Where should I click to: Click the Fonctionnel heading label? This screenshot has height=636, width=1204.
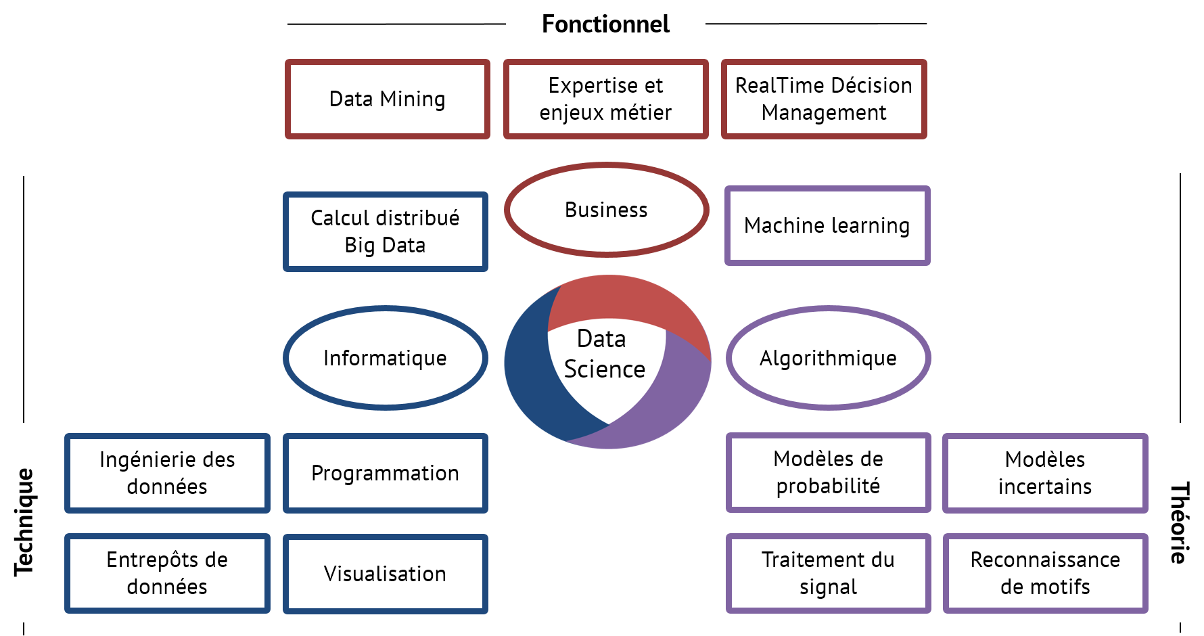coord(605,24)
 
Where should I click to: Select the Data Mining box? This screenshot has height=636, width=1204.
coord(387,99)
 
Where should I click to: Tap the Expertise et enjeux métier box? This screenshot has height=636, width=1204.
coord(605,99)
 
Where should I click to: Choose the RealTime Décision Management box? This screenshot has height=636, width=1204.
coord(824,99)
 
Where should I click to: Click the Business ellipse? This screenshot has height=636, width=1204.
coord(606,210)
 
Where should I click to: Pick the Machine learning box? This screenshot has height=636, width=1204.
coord(827,225)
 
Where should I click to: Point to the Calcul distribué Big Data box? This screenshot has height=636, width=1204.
coord(385,231)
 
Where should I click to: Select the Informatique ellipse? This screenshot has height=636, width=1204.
coord(385,358)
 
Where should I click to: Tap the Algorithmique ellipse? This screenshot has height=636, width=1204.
coord(828,358)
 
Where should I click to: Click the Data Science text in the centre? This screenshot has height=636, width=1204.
coord(604,355)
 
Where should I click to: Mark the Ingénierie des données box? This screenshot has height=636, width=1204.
coord(167,473)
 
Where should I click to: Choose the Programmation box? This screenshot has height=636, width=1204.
coord(385,473)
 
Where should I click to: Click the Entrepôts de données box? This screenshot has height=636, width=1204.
coord(167,573)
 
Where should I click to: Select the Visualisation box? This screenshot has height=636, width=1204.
coord(385,574)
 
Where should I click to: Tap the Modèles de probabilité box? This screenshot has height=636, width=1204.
coord(828,472)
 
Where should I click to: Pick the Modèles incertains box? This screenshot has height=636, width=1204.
coord(1045,473)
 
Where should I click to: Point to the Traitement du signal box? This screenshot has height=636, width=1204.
coord(828,573)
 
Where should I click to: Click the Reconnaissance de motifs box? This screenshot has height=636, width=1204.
coord(1045,573)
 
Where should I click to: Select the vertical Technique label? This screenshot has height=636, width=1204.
coord(24,522)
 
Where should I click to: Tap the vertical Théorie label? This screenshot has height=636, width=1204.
coord(1180,522)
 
